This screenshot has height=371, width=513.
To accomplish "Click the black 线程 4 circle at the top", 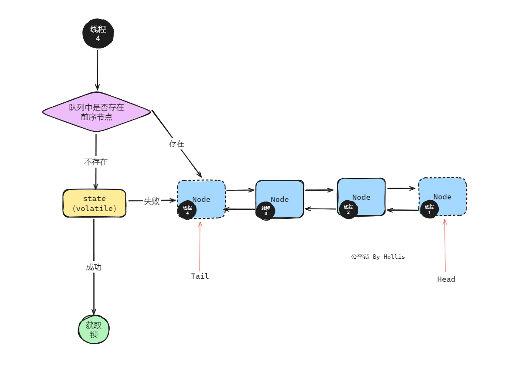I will [98, 34].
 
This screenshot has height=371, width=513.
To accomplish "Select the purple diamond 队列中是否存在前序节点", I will [96, 111].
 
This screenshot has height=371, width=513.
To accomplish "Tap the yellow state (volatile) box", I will [95, 203].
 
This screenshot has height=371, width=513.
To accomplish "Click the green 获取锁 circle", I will [94, 329].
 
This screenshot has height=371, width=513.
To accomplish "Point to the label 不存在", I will [96, 162].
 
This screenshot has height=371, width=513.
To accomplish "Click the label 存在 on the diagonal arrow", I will [176, 144].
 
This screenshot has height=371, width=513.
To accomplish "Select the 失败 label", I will [152, 201].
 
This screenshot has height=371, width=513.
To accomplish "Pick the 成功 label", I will [94, 267].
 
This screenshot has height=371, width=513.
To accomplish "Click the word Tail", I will [200, 276].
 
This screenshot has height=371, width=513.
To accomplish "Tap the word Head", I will [446, 280].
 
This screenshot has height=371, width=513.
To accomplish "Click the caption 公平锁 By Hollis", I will [378, 257].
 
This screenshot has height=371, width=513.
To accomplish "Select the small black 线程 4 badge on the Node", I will [187, 210].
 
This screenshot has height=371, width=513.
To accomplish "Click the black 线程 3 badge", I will [266, 211].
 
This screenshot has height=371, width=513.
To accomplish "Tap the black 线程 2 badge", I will [348, 209].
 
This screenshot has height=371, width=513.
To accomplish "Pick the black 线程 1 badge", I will [429, 209].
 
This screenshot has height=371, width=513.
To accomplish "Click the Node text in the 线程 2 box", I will [361, 197].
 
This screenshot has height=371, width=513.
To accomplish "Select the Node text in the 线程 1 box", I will [442, 197].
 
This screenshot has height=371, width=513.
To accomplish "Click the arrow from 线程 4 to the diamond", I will [97, 69].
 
